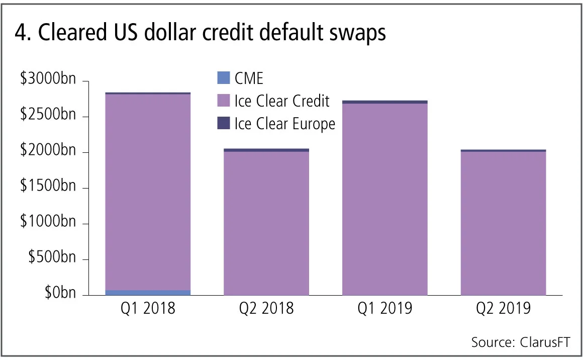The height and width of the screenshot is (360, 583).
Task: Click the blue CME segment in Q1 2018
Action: pyautogui.click(x=148, y=292)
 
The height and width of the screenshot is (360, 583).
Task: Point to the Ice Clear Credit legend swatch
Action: pyautogui.click(x=223, y=101)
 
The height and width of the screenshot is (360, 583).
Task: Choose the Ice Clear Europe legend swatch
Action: pyautogui.click(x=223, y=123)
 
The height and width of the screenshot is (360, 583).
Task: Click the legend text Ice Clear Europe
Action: pyautogui.click(x=284, y=123)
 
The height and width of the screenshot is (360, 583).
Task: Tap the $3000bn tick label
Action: pyautogui.click(x=48, y=81)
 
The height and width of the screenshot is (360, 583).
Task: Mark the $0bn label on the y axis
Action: pyautogui.click(x=59, y=294)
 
